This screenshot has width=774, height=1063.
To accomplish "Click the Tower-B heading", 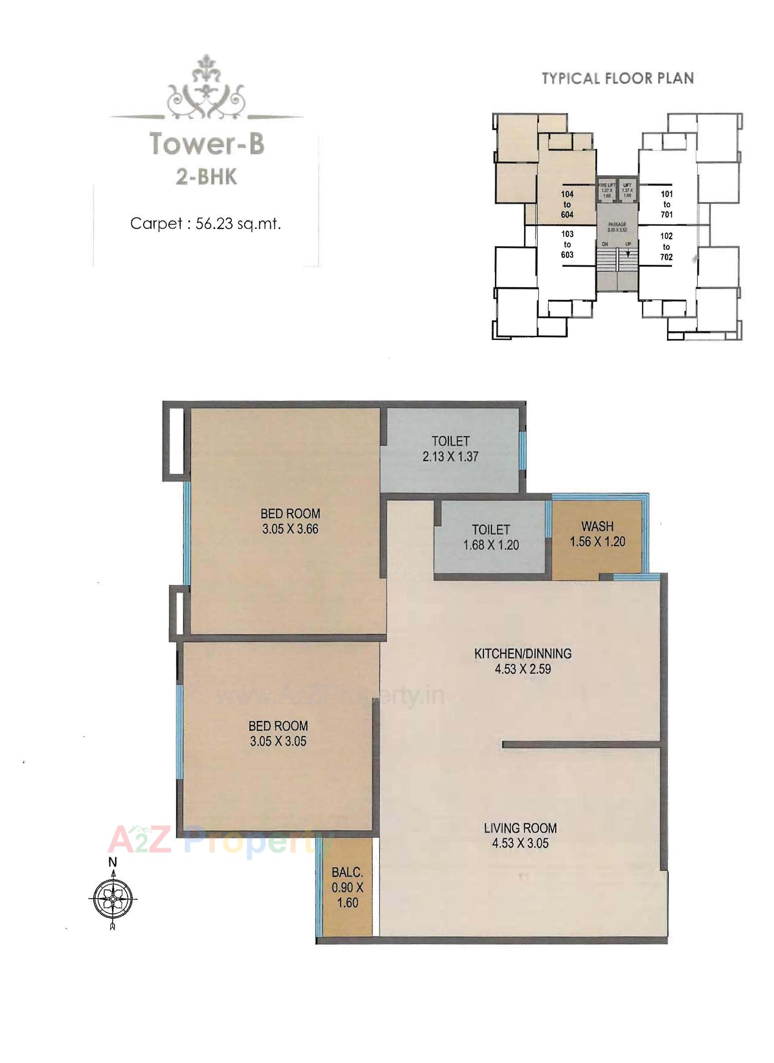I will pos(207,144).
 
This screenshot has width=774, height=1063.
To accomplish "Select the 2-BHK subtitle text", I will pos(206,177).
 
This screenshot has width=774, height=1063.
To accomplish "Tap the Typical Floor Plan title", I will pos(618,78).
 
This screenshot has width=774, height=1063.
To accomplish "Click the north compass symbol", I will pos(112,900).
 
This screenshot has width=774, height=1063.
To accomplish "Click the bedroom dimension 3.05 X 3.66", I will pos(290,529).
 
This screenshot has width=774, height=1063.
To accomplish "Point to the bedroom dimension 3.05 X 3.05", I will pos(278,741).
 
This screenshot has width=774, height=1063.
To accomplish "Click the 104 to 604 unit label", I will pos(567,204).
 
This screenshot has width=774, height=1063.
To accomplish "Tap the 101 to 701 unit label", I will pos(667,204).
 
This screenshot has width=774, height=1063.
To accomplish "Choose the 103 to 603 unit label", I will pos(567,244).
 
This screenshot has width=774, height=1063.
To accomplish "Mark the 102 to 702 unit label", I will pos(667,247).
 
